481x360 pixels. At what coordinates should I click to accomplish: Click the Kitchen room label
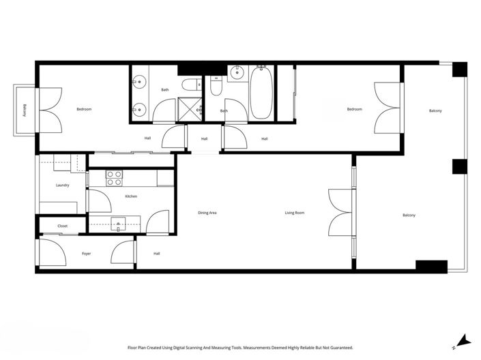(131, 196)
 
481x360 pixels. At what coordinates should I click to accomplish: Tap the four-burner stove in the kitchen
(114, 177)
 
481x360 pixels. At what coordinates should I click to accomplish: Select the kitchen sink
(120, 222)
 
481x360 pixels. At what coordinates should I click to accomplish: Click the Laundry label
(62, 185)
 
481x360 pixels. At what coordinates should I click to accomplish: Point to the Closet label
(62, 226)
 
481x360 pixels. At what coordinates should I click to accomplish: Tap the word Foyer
(87, 254)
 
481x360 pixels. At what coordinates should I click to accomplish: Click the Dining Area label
(207, 213)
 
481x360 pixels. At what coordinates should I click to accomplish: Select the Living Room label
(295, 213)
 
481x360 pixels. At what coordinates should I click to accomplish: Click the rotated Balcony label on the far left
(24, 110)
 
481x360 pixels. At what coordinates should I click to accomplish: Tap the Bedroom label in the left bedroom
(84, 109)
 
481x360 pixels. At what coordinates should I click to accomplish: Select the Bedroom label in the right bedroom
(354, 109)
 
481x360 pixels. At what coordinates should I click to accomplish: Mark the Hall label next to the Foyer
(156, 254)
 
